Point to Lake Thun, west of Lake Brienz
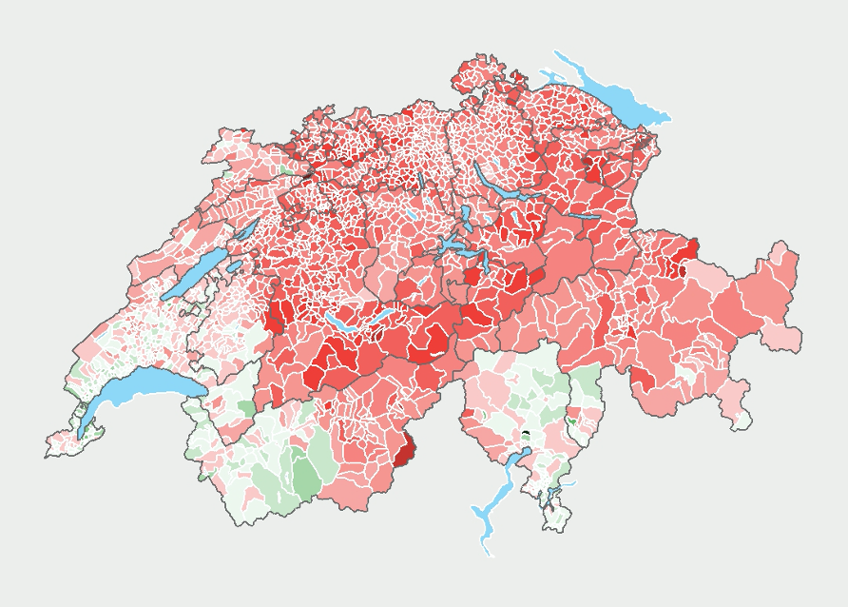pyautogui.click(x=341, y=323)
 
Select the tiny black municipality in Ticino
pyautogui.click(x=524, y=436)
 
